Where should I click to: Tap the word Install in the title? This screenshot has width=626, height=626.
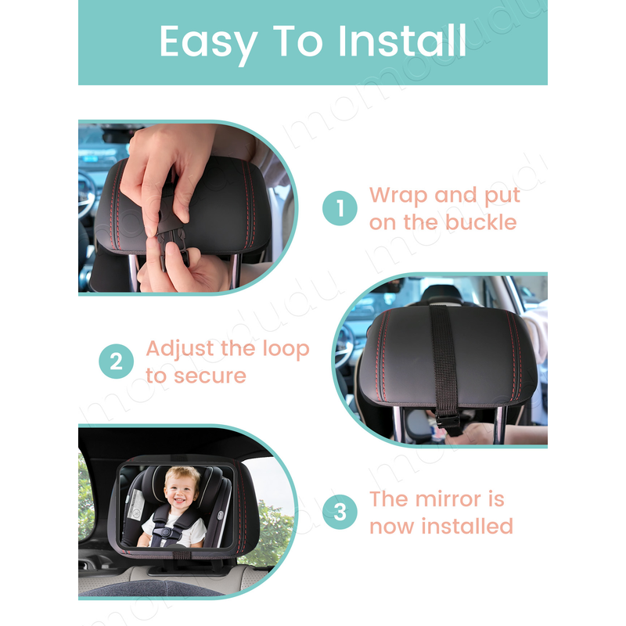(402, 41)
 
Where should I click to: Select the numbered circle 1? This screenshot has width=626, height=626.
(340, 208)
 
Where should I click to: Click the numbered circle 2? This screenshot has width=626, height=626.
(116, 362)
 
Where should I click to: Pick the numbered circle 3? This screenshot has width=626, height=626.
(340, 512)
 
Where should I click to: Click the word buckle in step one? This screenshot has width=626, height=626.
(480, 222)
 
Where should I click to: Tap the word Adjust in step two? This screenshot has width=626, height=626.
(181, 349)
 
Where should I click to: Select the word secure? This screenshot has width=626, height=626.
(210, 376)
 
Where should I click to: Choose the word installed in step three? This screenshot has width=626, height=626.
(467, 526)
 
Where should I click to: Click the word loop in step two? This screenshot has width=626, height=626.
(286, 350)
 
